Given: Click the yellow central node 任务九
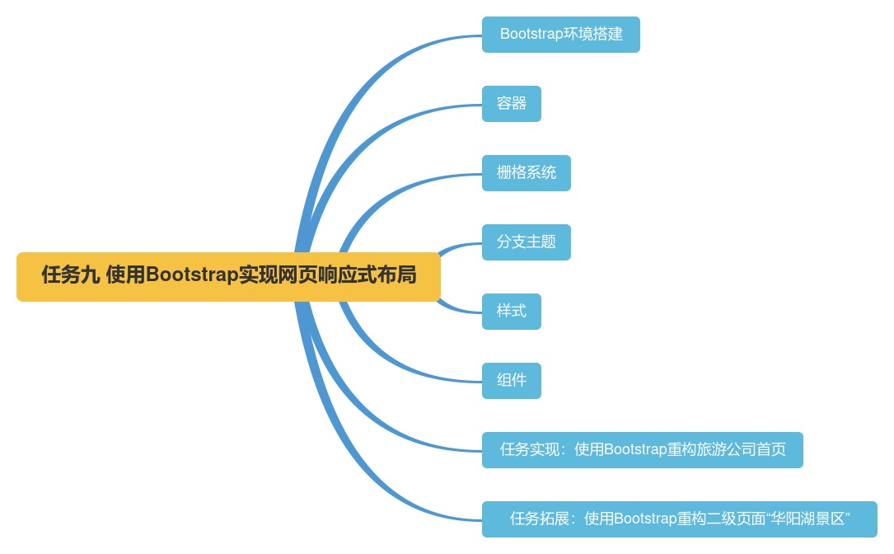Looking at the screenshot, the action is (228, 276).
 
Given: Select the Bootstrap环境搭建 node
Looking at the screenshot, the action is (560, 35).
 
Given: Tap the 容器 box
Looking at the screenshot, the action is (511, 104).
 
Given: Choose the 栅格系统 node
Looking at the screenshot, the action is (526, 173).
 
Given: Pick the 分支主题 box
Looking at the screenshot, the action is (526, 242).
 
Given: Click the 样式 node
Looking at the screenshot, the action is (511, 312).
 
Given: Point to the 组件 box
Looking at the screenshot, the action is (511, 381).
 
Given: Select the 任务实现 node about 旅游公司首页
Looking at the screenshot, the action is (642, 450).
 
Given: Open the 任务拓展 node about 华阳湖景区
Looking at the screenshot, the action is (679, 519).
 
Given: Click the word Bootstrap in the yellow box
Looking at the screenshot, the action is (192, 275).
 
